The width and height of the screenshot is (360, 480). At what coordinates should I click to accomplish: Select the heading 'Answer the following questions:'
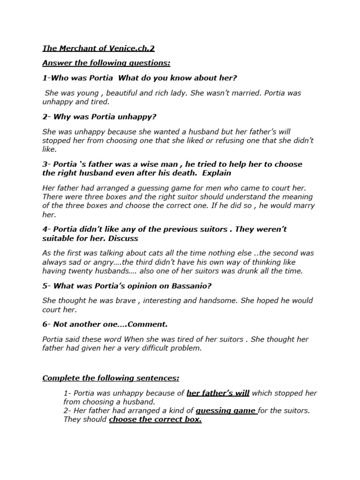tap(106, 63)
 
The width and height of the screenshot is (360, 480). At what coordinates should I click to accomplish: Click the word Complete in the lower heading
tap(60, 378)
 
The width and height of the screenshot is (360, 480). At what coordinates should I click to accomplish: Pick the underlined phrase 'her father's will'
tap(218, 393)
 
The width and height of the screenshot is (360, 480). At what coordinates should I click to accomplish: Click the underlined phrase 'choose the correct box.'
tap(155, 420)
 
